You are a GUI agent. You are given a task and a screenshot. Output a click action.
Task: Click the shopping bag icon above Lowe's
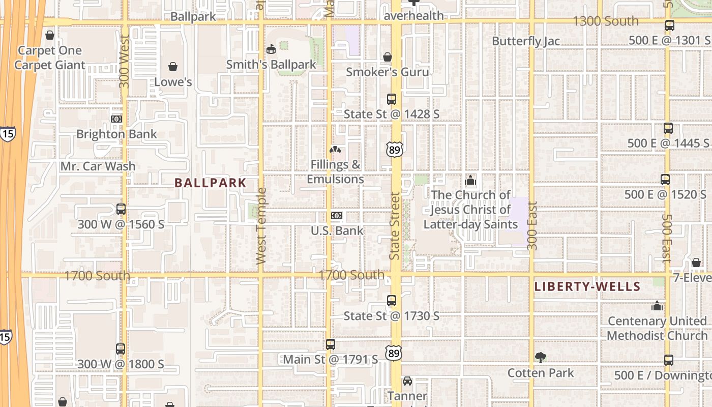pyautogui.click(x=173, y=67)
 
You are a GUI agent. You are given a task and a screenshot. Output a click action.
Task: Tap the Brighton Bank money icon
pyautogui.click(x=116, y=119)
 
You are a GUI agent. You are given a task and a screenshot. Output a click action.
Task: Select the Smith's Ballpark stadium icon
pyautogui.click(x=271, y=49)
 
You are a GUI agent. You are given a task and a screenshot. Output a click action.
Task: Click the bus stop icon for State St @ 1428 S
pyautogui.click(x=392, y=99)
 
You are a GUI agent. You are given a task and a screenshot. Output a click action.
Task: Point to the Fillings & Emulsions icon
pyautogui.click(x=335, y=150)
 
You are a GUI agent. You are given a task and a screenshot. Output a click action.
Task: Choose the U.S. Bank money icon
pyautogui.click(x=337, y=216)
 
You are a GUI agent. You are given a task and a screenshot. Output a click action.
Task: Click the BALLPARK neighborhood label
pyautogui.click(x=211, y=183)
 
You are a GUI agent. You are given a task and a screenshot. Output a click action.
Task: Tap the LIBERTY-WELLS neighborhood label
pyautogui.click(x=587, y=286)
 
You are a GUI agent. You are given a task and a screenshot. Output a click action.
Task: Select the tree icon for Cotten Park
pyautogui.click(x=541, y=358)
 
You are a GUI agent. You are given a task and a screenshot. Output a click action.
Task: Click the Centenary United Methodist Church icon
pyautogui.click(x=657, y=306)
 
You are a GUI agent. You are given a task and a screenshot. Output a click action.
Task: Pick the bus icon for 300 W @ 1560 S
pyautogui.click(x=121, y=209)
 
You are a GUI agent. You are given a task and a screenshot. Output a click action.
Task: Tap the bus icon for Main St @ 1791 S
pyautogui.click(x=331, y=344)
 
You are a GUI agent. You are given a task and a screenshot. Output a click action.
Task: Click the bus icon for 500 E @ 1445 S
pyautogui.click(x=668, y=129)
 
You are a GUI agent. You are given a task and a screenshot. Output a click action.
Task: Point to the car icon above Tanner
pyautogui.click(x=407, y=381)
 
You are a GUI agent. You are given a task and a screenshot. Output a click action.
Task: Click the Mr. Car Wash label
pyautogui.click(x=98, y=166)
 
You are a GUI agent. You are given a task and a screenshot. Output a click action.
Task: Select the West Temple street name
pyautogui.click(x=261, y=226)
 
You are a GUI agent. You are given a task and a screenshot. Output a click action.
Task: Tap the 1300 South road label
pyautogui.click(x=605, y=21)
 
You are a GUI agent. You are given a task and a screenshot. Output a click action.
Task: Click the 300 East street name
pyautogui.click(x=532, y=226)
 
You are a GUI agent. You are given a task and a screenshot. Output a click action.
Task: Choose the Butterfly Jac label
pyautogui.click(x=526, y=41)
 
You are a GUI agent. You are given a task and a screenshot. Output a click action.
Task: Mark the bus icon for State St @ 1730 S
pyautogui.click(x=392, y=301)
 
